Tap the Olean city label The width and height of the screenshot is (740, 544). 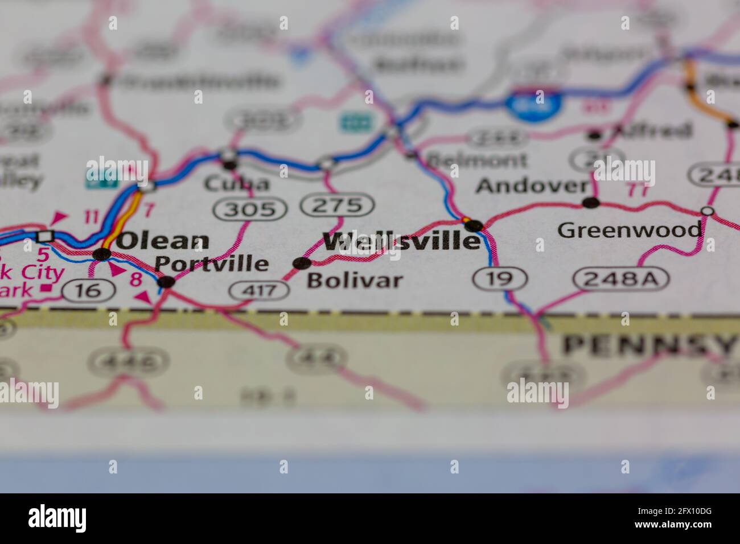(163, 241)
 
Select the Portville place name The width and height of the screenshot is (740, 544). (212, 263)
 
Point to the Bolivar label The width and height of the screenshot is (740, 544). (355, 280)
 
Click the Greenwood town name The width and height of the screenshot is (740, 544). (630, 230)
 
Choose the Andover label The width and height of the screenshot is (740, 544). (532, 186)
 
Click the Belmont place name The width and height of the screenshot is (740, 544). (478, 160)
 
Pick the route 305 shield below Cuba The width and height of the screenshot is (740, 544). (250, 209)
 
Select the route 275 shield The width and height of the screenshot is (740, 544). (338, 205)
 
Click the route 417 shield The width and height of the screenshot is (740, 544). (259, 291)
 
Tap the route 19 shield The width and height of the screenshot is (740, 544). (500, 278)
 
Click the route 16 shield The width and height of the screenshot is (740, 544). (89, 291)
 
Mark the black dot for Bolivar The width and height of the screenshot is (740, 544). (301, 263)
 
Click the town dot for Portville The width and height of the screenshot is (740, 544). (166, 282)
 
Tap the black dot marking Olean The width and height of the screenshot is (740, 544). (102, 254)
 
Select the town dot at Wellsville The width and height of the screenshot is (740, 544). (475, 226)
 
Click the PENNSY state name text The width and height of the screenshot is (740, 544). (649, 345)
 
